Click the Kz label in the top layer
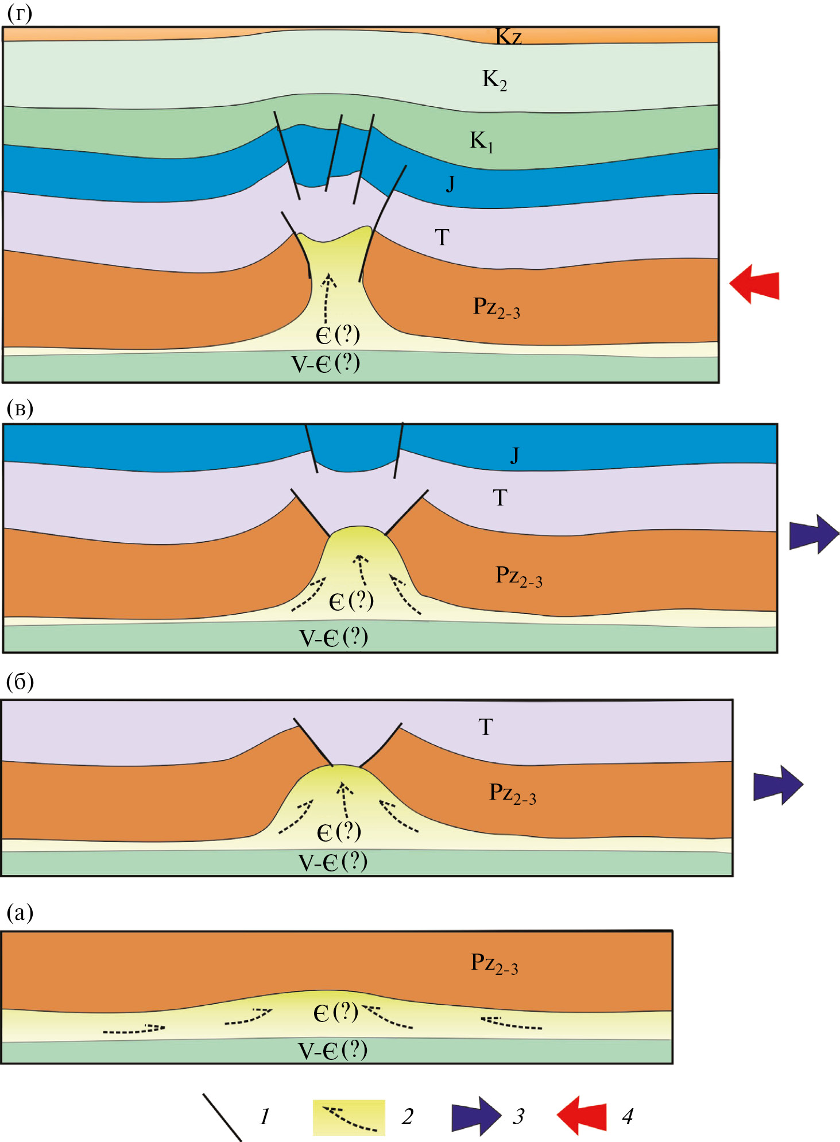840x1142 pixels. (509, 37)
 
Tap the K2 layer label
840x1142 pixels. (494, 79)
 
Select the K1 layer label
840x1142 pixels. (481, 141)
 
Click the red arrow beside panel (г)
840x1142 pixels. (754, 284)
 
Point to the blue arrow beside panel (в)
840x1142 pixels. (814, 534)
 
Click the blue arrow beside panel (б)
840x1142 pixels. (778, 785)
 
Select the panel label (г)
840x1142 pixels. (20, 13)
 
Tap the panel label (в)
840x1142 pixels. (20, 408)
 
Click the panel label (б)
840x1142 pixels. (20, 682)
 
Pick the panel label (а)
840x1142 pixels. (20, 912)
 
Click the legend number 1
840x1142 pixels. (265, 1116)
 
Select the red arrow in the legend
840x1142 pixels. (582, 1116)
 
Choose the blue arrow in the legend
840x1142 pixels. (476, 1116)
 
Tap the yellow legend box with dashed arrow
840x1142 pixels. (349, 1117)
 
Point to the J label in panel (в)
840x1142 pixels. (514, 455)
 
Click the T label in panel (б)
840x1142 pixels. (486, 727)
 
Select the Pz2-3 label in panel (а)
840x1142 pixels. (494, 963)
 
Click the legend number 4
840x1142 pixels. (628, 1116)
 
